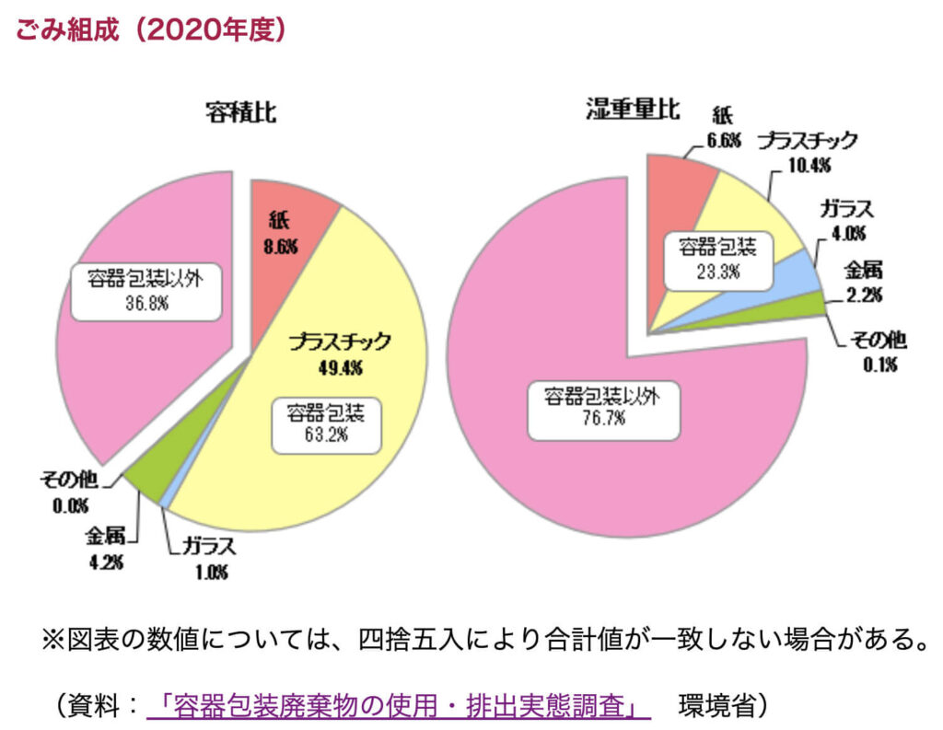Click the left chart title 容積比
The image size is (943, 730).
[x=240, y=112]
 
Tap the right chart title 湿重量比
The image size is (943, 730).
[x=634, y=110]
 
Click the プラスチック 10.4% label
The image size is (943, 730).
[x=809, y=152]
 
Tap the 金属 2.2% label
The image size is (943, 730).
[x=864, y=282]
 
